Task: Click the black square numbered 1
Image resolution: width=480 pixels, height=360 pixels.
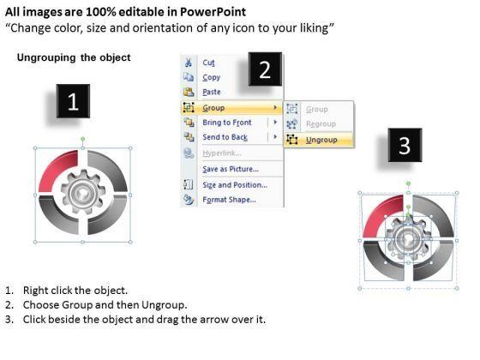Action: pos(73,101)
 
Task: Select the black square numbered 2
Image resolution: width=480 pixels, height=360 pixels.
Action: pos(265,69)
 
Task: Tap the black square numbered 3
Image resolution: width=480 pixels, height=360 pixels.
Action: pos(405,145)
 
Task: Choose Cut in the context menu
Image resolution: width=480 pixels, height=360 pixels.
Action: pos(208,63)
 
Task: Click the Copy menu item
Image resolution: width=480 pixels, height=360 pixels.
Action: pos(211,77)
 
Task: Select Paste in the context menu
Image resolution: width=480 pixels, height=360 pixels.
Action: pos(212,92)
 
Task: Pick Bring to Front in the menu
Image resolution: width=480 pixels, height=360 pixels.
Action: pos(227,123)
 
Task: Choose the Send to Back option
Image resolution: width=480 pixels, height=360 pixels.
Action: pos(225,137)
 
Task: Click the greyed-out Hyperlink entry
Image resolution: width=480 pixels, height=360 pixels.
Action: pos(222,153)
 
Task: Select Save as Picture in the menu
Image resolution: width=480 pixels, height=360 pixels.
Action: pos(231,169)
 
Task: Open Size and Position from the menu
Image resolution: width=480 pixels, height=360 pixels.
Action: pos(235,185)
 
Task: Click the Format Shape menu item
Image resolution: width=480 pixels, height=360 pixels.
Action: pos(229,200)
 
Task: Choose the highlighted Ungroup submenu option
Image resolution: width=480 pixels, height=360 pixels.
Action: pos(321,140)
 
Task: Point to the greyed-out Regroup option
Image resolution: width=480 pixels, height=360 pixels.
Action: pos(321,124)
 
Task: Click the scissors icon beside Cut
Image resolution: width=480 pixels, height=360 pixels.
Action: pos(189,63)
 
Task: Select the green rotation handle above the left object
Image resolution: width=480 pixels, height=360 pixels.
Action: pos(82,139)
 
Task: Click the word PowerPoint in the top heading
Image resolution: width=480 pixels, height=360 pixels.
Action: pos(213,12)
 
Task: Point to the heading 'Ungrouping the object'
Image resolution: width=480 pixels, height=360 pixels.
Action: pos(74,57)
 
